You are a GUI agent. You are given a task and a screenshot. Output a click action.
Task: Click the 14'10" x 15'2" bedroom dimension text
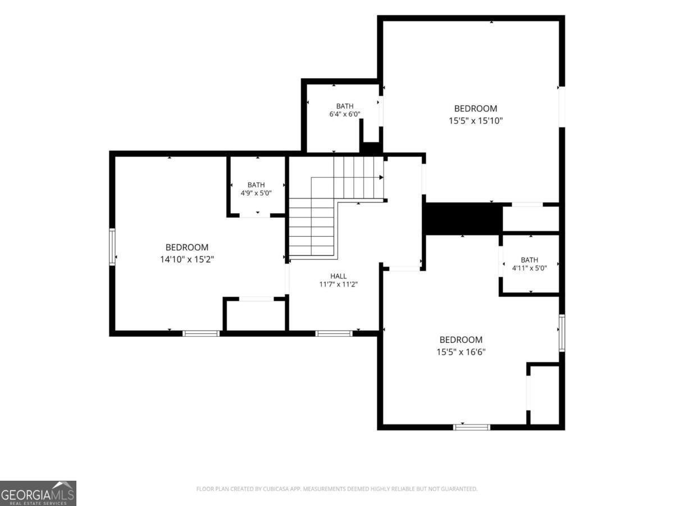[186, 260]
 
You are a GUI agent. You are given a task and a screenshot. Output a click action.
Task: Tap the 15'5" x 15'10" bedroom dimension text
[476, 121]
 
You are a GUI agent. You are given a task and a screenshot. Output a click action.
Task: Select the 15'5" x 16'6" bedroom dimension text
[461, 352]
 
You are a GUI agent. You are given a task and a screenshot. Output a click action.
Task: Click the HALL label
[338, 276]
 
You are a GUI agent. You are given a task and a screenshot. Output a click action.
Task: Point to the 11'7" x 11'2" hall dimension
[338, 284]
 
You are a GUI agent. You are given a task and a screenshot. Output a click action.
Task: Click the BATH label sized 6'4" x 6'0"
[345, 106]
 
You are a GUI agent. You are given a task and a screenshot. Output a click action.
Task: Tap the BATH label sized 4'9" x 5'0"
[256, 185]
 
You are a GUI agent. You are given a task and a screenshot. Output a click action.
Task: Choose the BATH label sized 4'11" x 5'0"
[530, 260]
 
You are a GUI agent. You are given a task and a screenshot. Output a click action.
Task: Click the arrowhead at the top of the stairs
[381, 177]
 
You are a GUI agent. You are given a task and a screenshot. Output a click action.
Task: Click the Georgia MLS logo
[38, 493]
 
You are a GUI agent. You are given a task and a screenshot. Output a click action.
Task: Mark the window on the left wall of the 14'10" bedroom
[112, 246]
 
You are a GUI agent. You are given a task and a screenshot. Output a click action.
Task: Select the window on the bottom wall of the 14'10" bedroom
[201, 333]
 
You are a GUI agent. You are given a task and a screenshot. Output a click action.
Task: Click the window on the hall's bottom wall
[334, 333]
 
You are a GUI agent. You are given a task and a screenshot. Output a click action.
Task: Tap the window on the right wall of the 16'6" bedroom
[562, 333]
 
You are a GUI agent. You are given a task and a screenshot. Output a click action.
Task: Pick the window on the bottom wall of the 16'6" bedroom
[472, 427]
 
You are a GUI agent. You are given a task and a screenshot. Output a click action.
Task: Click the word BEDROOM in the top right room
[476, 109]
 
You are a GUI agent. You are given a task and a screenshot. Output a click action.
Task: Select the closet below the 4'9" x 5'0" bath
[256, 315]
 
